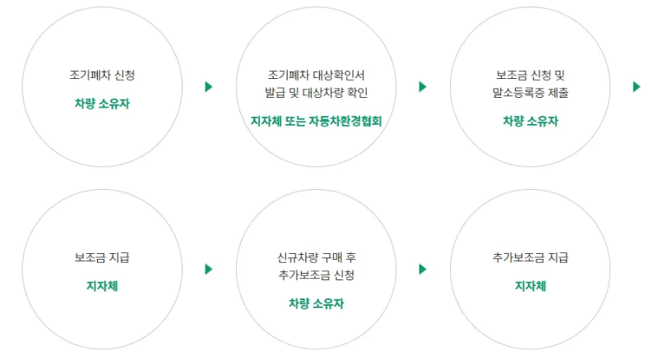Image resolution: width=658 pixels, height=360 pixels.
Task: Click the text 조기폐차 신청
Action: [103, 75]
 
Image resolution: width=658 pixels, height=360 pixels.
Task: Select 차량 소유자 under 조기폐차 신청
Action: [103, 104]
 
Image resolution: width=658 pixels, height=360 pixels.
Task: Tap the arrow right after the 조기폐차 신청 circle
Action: [209, 86]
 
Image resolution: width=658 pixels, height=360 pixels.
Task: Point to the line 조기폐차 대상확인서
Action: [317, 75]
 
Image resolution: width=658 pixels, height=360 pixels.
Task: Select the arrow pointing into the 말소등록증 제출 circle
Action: [423, 86]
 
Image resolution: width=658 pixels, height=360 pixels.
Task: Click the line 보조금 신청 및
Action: [531, 75]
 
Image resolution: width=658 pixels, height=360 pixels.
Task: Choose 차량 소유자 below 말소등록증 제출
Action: [531, 121]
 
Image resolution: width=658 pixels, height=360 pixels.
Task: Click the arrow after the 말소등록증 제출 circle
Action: [637, 86]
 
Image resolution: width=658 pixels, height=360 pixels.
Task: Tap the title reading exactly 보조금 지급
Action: [103, 257]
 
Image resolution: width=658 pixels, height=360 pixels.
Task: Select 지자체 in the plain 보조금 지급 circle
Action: [103, 286]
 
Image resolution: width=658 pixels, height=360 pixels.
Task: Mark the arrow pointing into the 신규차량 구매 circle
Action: [209, 269]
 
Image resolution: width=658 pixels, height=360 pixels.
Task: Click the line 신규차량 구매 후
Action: [317, 257]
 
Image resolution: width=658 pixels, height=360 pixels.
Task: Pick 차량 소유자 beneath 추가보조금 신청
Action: [317, 303]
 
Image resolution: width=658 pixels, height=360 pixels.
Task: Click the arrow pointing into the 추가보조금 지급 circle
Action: [423, 269]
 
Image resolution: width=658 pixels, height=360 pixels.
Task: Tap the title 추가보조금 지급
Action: [531, 257]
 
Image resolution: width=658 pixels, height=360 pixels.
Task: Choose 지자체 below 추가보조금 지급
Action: [531, 286]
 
